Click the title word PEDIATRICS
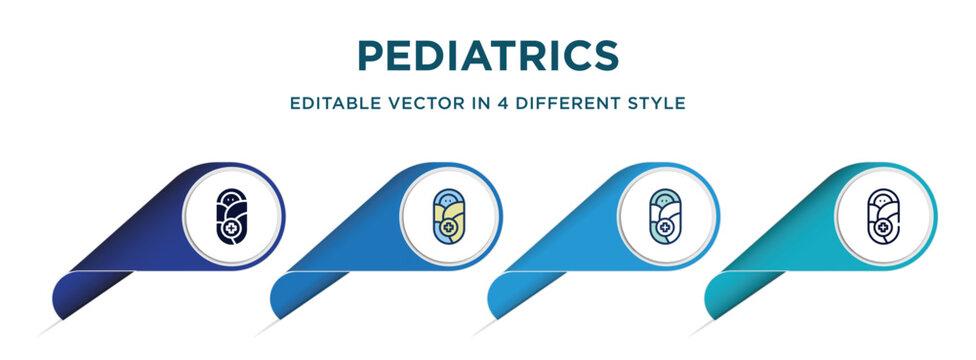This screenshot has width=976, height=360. tap(488, 56)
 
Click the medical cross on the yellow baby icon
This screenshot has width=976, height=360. tap(450, 228)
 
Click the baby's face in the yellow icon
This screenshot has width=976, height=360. tap(445, 199)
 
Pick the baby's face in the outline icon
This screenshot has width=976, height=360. tap(880, 199)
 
